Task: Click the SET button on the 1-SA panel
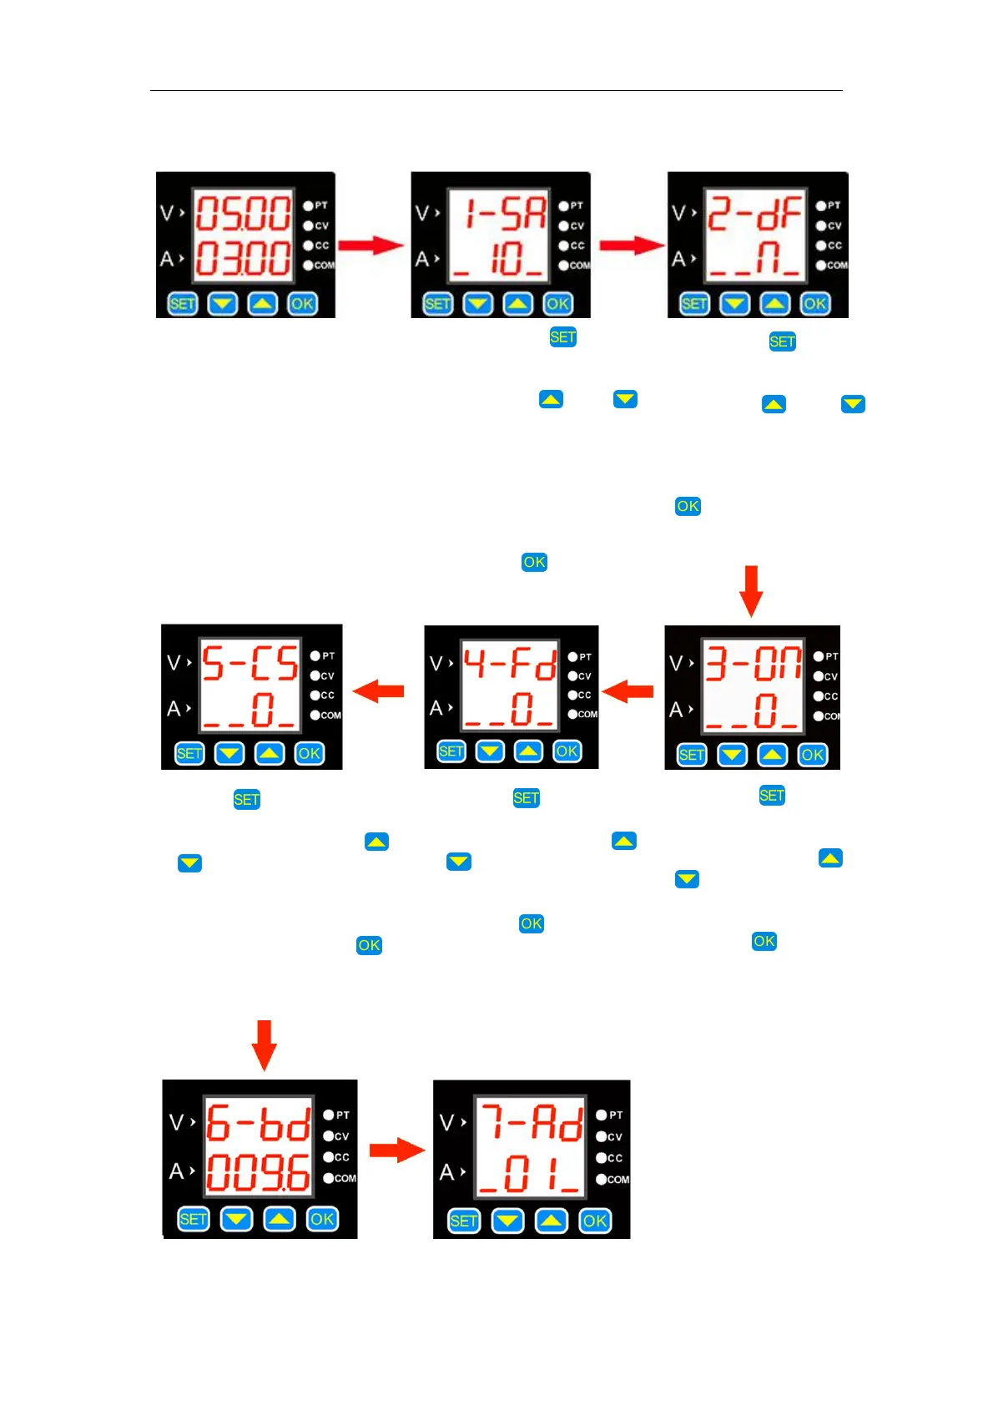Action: point(437,304)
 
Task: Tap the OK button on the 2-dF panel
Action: point(814,304)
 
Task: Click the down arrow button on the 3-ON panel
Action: point(732,756)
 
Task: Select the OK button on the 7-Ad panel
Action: point(595,1221)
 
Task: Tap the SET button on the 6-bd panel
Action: point(193,1219)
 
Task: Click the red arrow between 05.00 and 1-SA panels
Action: point(371,245)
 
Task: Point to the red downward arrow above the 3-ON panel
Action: point(751,590)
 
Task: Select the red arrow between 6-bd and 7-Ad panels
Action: point(396,1151)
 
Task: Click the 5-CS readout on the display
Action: point(250,664)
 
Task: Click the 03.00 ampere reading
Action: point(243,258)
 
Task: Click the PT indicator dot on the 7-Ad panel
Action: point(602,1115)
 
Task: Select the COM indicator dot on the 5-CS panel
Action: point(315,716)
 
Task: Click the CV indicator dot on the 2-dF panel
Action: point(821,225)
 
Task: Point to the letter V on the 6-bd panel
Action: point(176,1122)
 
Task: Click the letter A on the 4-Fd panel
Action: point(436,709)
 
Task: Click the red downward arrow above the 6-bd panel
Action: point(264,1044)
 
